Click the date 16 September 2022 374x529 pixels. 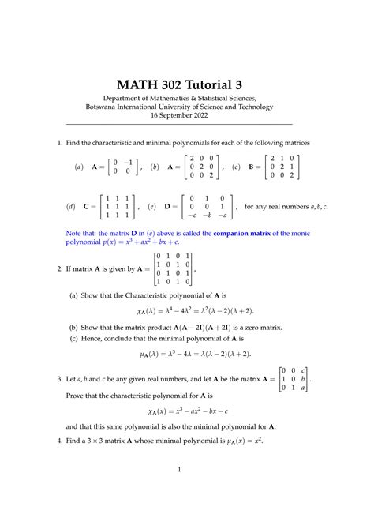[x=186, y=114]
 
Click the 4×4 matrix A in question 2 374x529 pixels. [x=171, y=268]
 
